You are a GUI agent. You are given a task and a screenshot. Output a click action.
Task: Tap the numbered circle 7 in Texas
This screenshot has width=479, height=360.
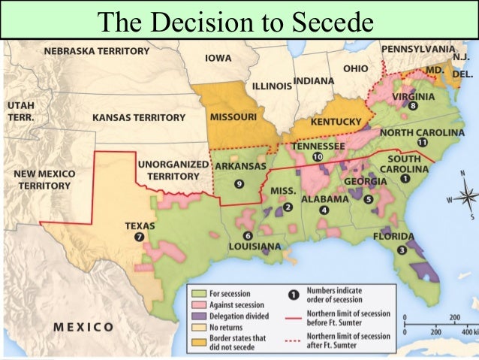point(139,237)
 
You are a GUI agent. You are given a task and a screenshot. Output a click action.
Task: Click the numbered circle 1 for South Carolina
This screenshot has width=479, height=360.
point(405,179)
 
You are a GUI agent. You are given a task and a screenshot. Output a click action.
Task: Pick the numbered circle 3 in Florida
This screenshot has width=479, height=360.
point(402,250)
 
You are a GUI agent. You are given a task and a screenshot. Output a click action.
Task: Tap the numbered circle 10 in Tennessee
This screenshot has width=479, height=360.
point(318,157)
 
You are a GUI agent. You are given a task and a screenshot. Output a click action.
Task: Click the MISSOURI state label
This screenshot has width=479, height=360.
point(233,118)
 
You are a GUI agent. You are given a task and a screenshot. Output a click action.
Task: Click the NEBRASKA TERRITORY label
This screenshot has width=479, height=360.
point(96,51)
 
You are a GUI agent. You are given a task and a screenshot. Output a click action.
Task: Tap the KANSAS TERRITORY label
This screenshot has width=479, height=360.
point(138,118)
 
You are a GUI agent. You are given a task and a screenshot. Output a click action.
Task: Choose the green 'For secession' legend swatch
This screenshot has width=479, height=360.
point(198,294)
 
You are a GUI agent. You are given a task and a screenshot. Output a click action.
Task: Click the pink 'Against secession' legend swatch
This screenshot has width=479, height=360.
point(198,305)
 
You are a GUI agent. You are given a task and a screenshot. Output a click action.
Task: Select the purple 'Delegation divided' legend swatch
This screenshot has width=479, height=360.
point(198,316)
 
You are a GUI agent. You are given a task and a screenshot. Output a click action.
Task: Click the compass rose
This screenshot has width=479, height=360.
point(465,198)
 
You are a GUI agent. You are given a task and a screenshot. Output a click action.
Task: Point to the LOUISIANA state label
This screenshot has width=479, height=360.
point(255,247)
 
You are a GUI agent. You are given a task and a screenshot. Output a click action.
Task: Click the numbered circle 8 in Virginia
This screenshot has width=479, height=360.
point(413,106)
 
